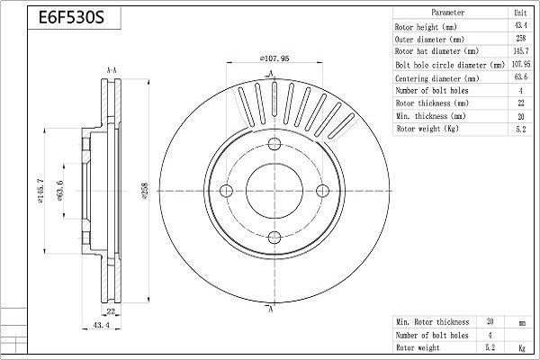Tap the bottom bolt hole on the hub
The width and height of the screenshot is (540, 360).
pos(272,236)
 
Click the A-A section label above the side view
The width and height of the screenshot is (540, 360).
pos(112,69)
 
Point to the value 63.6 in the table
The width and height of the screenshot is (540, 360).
pos(519,79)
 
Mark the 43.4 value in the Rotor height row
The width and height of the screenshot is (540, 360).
pos(519,27)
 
